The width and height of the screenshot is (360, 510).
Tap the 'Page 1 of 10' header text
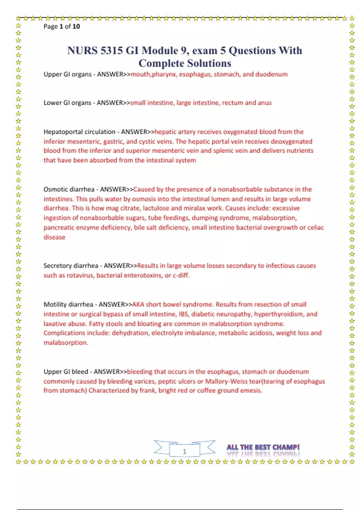point(62,26)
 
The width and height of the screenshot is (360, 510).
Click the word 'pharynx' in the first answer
point(164,74)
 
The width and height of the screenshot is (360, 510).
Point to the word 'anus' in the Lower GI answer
point(265,103)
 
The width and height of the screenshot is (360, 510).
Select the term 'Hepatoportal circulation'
point(79,132)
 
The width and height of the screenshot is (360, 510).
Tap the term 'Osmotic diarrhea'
point(69,189)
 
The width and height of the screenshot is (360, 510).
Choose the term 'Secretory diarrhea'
point(71,265)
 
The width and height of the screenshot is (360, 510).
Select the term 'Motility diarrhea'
point(68,304)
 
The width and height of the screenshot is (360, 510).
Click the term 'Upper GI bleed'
point(66,372)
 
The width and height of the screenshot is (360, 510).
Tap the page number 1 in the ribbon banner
point(184,451)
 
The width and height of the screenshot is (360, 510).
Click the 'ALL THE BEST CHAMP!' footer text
point(263,447)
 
